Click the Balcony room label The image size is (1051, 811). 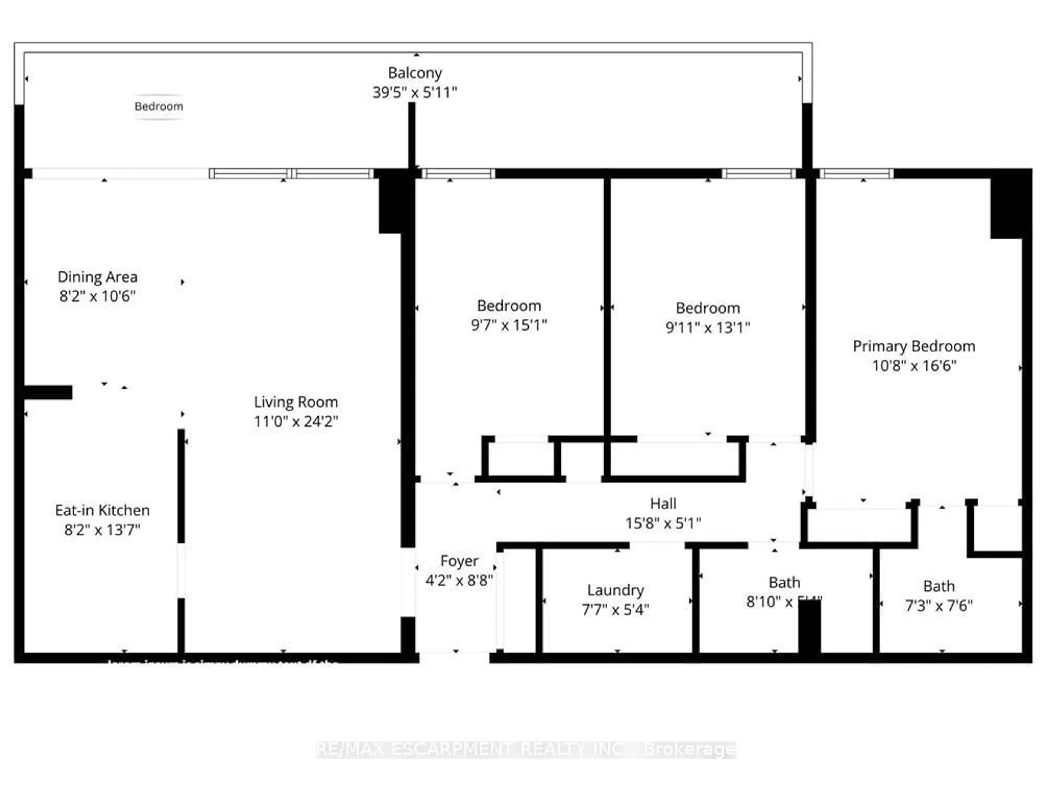(x=415, y=73)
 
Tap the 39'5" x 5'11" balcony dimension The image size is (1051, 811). (x=415, y=92)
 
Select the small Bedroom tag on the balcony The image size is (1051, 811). (x=159, y=106)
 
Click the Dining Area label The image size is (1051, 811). (x=98, y=277)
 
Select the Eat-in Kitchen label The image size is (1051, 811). (x=103, y=510)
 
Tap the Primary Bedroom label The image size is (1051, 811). (x=914, y=346)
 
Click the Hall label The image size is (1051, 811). (x=663, y=504)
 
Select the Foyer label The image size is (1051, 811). (x=459, y=561)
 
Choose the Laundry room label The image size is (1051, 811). (x=616, y=590)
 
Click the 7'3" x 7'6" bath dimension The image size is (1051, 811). (x=939, y=606)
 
